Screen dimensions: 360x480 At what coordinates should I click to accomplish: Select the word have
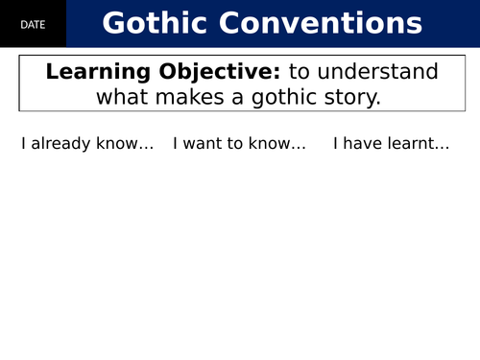click(x=360, y=145)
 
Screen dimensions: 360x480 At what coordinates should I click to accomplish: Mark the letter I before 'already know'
click(x=24, y=145)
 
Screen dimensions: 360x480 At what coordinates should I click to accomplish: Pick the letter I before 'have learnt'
click(x=335, y=145)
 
